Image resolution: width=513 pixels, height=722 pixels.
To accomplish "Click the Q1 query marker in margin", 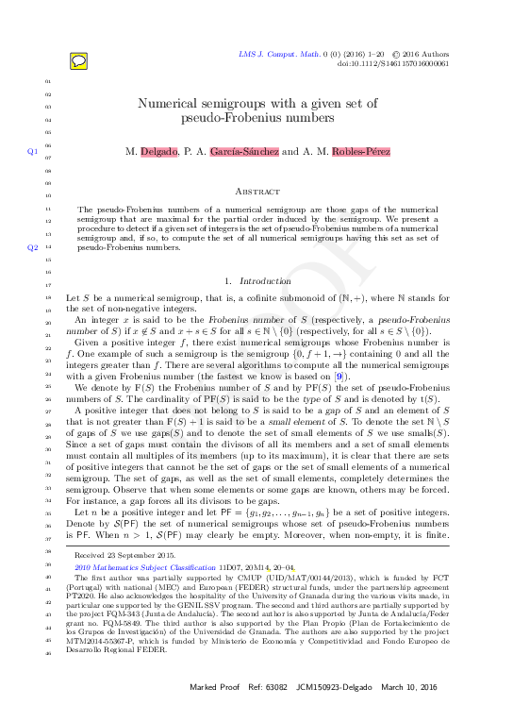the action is [33, 151].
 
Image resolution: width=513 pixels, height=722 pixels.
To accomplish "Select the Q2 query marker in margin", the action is [33, 248].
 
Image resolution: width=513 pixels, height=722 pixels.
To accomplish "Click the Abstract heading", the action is [256, 190].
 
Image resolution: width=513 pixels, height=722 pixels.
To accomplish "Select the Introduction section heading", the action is [266, 281].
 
